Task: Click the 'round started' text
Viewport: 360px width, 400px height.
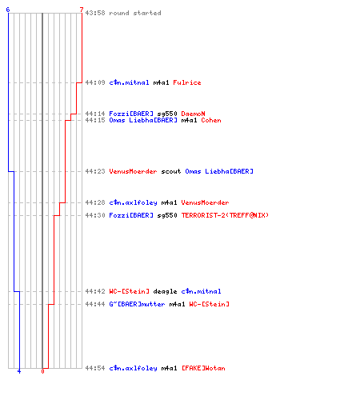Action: tap(135, 13)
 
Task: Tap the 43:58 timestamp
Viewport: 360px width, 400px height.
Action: tap(95, 13)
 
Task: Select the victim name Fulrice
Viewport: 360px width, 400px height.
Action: tap(187, 82)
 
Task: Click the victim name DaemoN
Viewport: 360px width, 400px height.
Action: tap(193, 114)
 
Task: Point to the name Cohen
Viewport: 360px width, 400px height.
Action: tap(211, 120)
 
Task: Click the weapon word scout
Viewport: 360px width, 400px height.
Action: tap(171, 171)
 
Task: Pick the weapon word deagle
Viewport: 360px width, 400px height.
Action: tap(165, 291)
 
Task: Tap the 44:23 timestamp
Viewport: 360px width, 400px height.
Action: tap(95, 171)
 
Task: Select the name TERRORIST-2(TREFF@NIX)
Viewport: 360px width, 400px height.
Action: tap(225, 215)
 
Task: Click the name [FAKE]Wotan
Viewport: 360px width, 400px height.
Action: tap(203, 368)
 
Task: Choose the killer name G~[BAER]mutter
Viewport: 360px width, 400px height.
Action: tap(137, 304)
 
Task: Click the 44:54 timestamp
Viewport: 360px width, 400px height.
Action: tap(95, 368)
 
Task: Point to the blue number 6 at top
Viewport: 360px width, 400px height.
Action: tap(8, 10)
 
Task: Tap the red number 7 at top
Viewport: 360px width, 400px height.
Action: tap(82, 10)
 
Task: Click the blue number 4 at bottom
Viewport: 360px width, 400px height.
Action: tap(19, 371)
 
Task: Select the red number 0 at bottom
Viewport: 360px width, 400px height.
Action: tap(42, 371)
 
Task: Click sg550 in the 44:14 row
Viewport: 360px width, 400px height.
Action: tap(167, 114)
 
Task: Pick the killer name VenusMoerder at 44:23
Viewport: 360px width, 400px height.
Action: tap(133, 171)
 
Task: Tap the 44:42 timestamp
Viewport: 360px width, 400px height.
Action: tap(95, 291)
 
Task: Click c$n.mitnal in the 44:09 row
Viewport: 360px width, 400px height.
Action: tap(129, 82)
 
